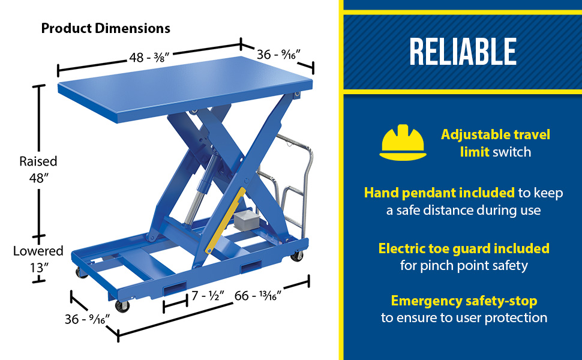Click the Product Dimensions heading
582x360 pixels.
(106, 28)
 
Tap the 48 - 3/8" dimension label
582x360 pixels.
(149, 58)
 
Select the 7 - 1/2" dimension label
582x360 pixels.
(208, 296)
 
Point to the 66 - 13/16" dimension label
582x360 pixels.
(258, 296)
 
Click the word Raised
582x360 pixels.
(38, 161)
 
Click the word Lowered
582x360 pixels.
(38, 251)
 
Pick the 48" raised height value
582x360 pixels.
(39, 178)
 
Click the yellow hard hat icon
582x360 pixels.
(403, 143)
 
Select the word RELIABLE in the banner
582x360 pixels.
(463, 52)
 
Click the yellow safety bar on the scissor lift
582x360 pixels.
(226, 220)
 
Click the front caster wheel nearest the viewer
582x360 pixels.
(122, 306)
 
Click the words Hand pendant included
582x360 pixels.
(439, 193)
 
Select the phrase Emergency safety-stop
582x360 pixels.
(464, 301)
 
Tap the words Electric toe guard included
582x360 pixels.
(464, 248)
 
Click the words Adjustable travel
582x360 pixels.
(496, 135)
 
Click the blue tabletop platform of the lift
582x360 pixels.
(185, 89)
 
